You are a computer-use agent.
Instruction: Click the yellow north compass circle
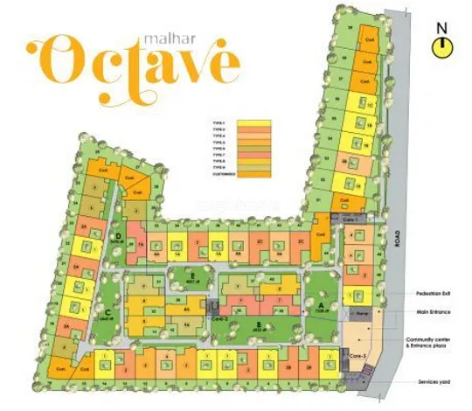point(444,45)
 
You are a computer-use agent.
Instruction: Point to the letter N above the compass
point(444,27)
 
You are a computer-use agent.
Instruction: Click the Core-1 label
point(351,217)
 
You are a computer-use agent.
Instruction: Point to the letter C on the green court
point(105,312)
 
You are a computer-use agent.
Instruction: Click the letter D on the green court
point(118,236)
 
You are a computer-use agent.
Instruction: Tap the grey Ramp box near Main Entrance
point(358,311)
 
